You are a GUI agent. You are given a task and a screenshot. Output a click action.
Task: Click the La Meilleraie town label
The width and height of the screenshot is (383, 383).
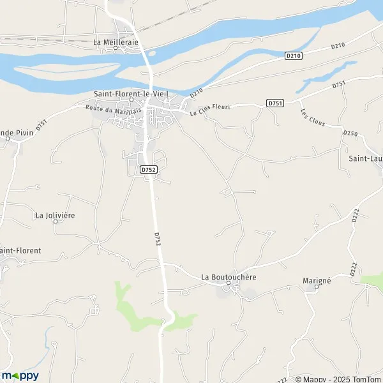[116, 42]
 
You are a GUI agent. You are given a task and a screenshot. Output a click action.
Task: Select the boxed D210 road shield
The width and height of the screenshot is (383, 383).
[293, 56]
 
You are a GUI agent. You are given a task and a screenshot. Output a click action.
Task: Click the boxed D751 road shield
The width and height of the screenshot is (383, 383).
[275, 103]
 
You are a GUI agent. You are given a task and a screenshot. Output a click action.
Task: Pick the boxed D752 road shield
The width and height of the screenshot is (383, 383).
[148, 170]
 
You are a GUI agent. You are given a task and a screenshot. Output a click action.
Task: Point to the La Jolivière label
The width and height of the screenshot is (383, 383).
[55, 215]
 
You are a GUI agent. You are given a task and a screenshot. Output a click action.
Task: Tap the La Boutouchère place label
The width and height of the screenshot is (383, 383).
[229, 277]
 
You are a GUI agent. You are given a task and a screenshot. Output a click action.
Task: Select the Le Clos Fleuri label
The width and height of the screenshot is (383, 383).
[210, 110]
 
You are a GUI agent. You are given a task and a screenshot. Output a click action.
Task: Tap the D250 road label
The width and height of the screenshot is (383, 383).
[350, 133]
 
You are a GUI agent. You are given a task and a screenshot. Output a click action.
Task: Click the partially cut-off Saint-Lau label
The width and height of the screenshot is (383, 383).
[366, 156]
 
